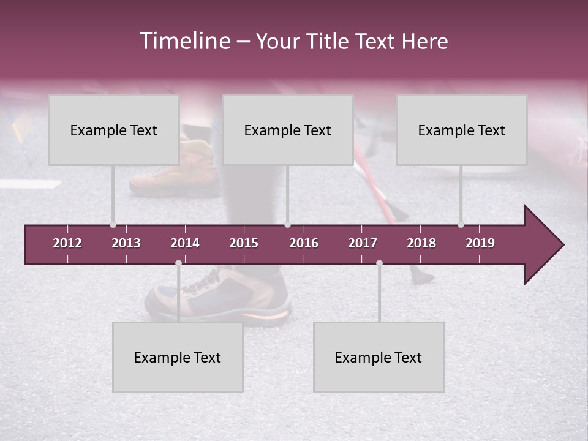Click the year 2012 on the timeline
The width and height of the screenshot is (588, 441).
tap(67, 243)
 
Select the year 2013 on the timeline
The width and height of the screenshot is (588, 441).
tap(126, 243)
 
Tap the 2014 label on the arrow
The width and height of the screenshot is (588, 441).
tap(185, 243)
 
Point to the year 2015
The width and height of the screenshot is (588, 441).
tap(244, 243)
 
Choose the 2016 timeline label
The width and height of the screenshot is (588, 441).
tap(304, 243)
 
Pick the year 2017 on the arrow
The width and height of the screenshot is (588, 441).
tap(363, 243)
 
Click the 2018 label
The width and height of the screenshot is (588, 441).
tap(421, 243)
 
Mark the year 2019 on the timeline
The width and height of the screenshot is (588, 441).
tap(480, 243)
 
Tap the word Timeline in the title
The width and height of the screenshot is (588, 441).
tap(184, 41)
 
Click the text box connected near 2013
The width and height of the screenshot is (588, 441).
tap(114, 130)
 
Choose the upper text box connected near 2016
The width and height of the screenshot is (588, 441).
tap(288, 130)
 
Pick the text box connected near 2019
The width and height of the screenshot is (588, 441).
tap(462, 130)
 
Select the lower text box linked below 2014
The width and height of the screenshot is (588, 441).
tap(178, 357)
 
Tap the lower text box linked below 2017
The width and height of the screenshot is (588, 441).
tap(379, 357)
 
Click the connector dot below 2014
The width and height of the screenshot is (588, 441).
tap(178, 263)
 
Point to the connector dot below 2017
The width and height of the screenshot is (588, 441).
tap(379, 263)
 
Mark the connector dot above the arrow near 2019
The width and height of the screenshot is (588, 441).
tap(461, 224)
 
